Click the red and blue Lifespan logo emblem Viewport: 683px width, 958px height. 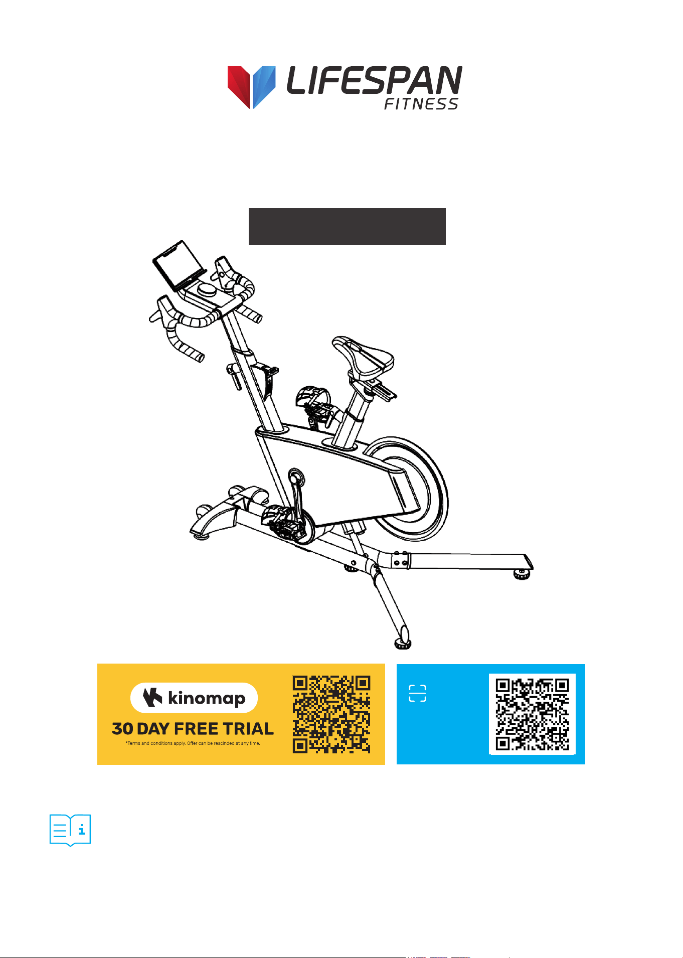pos(251,87)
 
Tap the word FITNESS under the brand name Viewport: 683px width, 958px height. pos(421,104)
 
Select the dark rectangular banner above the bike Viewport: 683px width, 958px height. pos(347,226)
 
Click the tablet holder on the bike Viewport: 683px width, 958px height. pos(179,265)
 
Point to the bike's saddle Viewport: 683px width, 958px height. pos(364,356)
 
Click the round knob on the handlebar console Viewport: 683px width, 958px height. pos(207,289)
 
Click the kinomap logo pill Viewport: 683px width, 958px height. pos(194,698)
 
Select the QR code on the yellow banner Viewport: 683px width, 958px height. pos(331,714)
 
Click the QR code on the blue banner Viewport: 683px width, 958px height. pos(532,714)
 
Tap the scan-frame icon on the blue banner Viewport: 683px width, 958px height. pos(417,693)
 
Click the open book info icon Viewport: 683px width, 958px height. pos(70,830)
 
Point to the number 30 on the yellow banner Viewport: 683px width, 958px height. pos(122,729)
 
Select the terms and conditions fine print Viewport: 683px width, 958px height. pos(193,743)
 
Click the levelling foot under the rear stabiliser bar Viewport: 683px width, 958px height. pos(523,574)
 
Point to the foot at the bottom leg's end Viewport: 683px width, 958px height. pos(403,644)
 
